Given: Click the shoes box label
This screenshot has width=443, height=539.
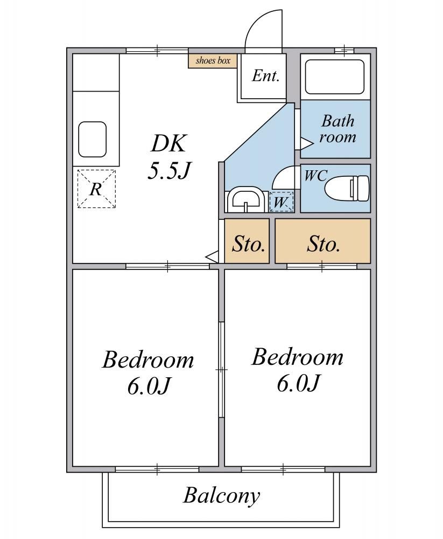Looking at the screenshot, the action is pos(213,61).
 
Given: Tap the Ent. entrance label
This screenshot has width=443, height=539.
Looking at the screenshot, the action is pos(265,75).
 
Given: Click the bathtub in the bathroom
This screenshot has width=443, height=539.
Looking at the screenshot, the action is pos(334,77).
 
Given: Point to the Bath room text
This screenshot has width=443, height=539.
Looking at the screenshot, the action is pos(337,129).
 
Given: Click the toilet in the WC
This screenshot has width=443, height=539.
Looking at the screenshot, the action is pos(347,188).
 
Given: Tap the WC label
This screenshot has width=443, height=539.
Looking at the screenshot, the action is pos(315,175).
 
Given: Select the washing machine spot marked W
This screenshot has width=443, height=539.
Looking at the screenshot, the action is pos(282,202).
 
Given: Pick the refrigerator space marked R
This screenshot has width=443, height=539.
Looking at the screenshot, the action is pos(96,189).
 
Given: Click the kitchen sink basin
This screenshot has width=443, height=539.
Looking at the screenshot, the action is pos(93,139).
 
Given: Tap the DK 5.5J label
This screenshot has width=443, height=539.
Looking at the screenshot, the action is pos(169,156).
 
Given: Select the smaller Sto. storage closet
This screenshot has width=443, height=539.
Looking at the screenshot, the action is pos(247,241).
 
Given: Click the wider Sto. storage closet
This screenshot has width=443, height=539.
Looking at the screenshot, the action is pos(323,241).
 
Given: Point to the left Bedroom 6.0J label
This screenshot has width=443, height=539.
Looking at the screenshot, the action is pos(148,373).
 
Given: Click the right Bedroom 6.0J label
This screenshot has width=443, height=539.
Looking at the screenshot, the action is pos(297,370).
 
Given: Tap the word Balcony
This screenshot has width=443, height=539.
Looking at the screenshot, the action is pos(222,496).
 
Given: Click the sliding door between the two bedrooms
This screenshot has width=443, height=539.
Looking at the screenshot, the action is pos(222,370).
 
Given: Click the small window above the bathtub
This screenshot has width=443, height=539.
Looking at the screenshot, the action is pos(344,51).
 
